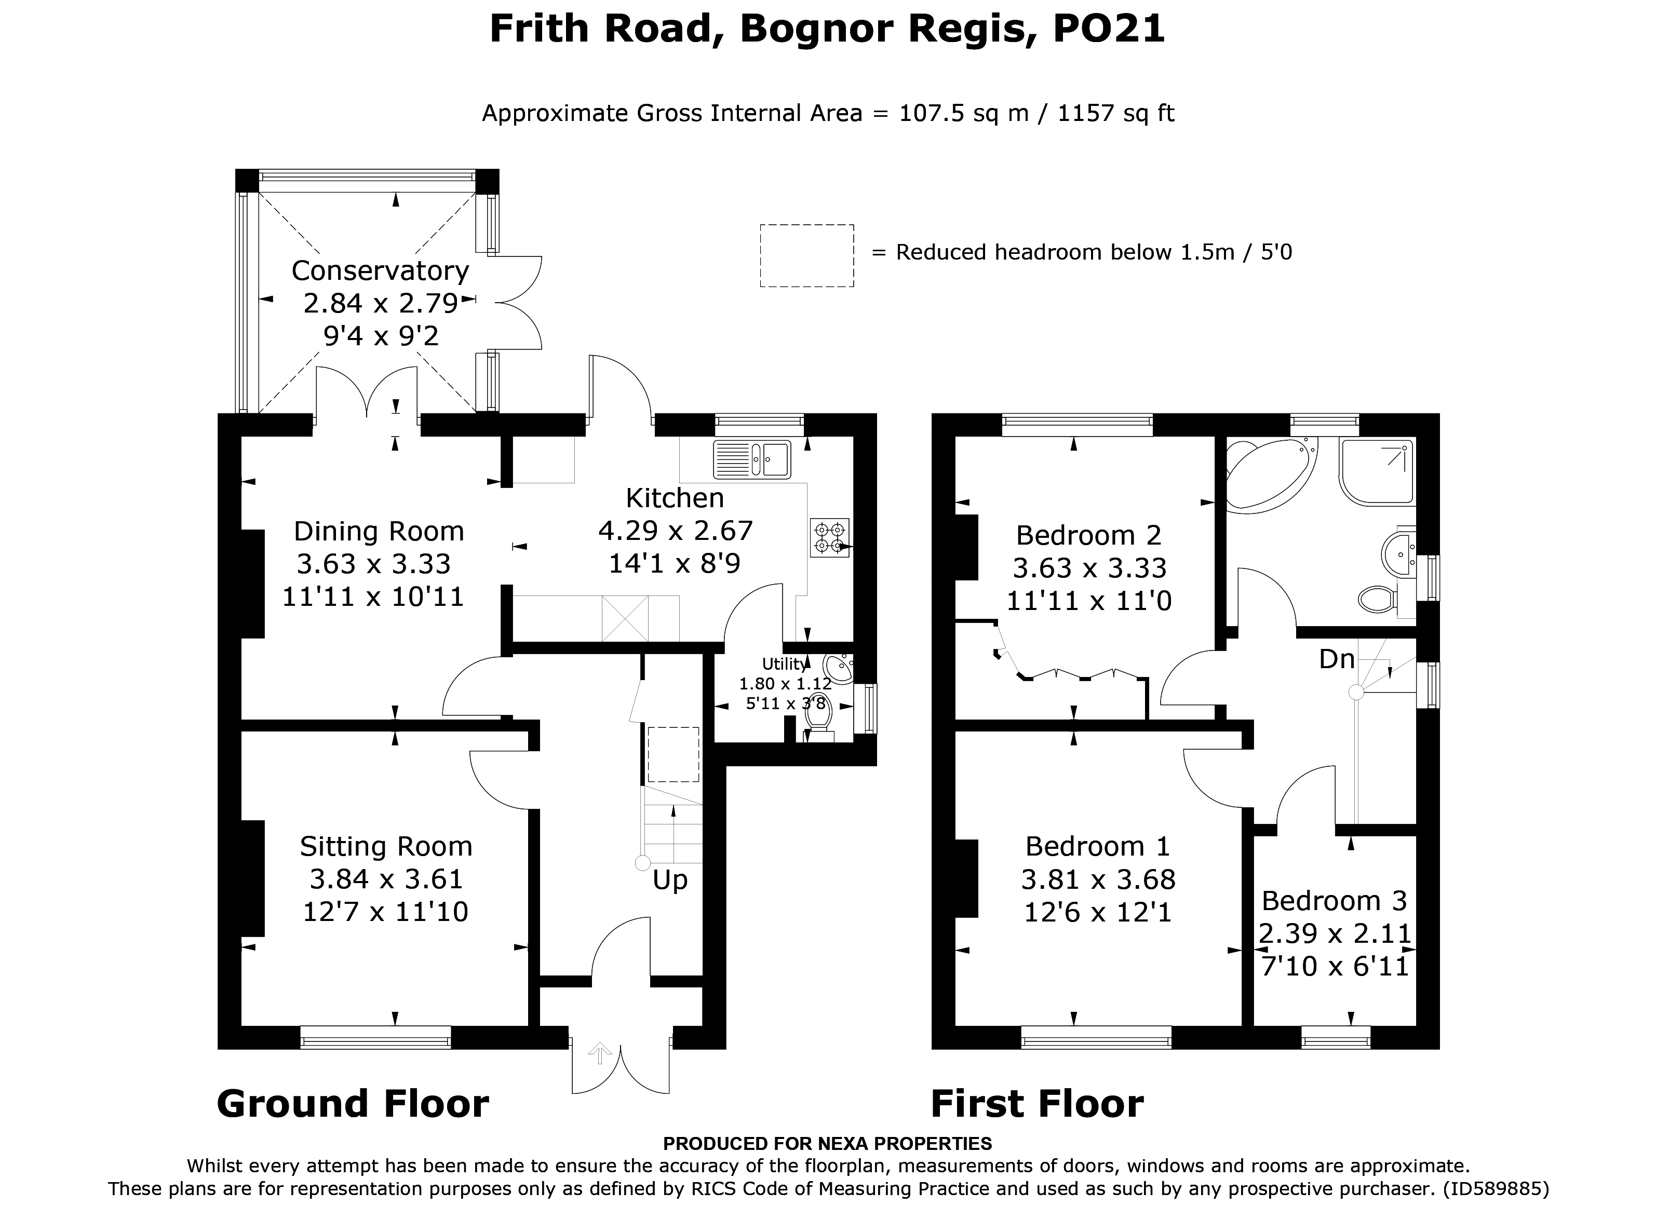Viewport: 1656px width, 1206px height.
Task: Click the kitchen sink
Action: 752,460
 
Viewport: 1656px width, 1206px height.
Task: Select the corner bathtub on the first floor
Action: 1271,472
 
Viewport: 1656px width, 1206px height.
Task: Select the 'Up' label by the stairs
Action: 669,880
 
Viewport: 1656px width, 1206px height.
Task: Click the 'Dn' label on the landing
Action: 1336,659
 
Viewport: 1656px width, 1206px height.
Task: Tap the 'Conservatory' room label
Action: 380,271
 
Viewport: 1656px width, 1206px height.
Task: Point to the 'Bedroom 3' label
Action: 1334,901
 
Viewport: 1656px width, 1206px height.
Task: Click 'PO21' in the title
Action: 1110,29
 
